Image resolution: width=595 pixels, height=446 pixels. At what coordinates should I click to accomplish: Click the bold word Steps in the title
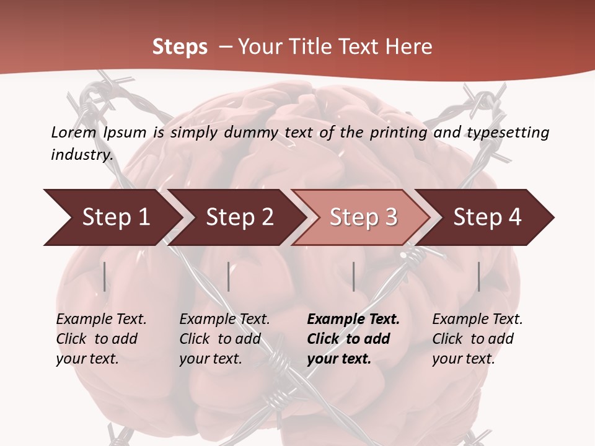point(180,46)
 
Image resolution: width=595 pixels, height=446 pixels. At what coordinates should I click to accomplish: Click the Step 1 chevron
point(115,217)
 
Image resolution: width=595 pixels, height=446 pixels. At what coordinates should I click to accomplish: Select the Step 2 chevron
point(239,217)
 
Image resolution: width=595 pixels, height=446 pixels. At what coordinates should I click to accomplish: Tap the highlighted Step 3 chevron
point(363,217)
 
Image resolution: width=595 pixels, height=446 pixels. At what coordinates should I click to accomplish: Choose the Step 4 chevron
point(487,217)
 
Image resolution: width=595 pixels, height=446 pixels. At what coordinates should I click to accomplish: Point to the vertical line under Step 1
point(105,276)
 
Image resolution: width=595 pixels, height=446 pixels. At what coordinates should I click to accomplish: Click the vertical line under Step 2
point(229,276)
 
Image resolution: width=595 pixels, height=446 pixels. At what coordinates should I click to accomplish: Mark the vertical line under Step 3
point(353,276)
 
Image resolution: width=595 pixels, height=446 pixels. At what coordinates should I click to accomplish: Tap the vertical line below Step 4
point(478,276)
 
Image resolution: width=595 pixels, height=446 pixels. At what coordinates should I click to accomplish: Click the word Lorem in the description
point(74,132)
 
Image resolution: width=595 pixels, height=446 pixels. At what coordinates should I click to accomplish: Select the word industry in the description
point(82,154)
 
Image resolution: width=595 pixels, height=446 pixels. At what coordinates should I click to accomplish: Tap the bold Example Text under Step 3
point(353,319)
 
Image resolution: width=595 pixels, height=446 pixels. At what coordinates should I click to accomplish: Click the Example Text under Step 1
point(101,319)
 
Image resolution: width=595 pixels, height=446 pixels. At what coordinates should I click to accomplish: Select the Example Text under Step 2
point(224,319)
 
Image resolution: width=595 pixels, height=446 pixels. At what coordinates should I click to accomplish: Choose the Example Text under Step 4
point(477,319)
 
